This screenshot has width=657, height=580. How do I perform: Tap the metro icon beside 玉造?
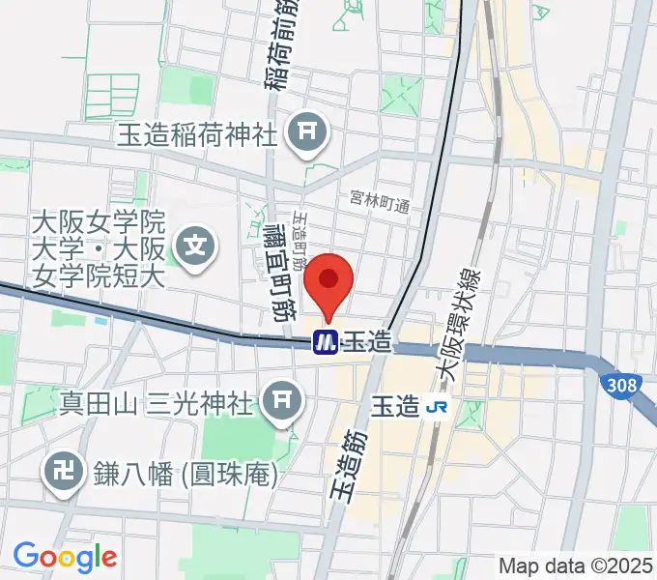pos(324,341)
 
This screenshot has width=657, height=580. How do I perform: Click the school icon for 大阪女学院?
pos(197,243)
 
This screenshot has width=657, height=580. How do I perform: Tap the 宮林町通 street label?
pos(380,204)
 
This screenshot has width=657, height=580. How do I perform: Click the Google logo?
pos(65,556)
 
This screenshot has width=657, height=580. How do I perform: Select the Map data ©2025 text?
pos(575,565)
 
